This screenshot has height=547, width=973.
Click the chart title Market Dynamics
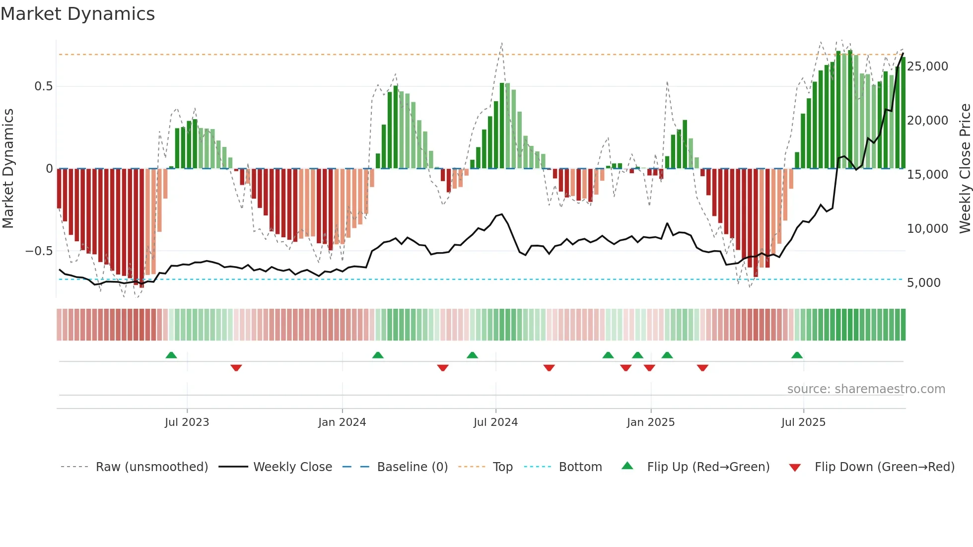78,14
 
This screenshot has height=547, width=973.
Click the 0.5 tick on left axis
43,86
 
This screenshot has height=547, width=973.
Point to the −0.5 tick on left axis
39,251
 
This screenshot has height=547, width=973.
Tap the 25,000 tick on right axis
927,67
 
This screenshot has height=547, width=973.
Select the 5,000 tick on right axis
923,283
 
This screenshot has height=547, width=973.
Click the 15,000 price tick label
927,175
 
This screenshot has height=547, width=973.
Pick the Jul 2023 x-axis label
187,422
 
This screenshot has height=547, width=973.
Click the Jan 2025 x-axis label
650,422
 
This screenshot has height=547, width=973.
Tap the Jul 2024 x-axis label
495,422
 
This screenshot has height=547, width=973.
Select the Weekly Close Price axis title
965,169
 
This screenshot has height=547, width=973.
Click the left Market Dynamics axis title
8,169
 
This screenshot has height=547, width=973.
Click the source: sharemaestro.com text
866,389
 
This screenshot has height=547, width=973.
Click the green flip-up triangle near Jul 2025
797,355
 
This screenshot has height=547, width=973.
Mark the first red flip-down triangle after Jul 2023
236,367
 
